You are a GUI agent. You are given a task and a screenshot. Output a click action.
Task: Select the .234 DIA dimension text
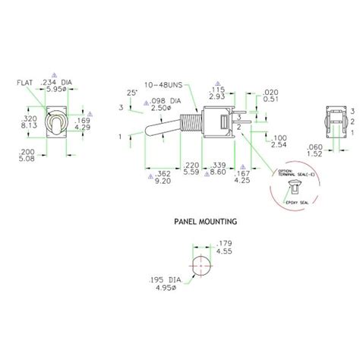(x=56, y=81)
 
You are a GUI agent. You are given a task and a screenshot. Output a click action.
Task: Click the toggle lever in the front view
(x=56, y=122)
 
